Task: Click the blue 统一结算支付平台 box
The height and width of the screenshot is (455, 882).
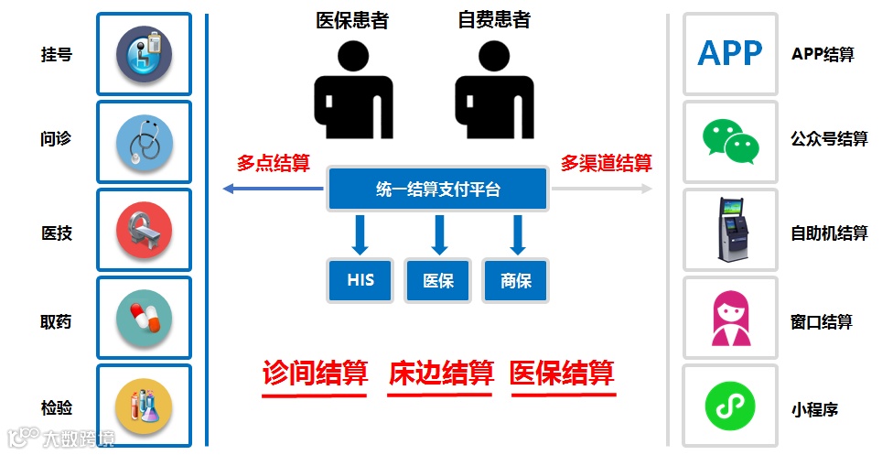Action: click(437, 190)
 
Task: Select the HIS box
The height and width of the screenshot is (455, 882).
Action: click(360, 280)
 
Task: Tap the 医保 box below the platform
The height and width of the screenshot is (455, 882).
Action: click(438, 280)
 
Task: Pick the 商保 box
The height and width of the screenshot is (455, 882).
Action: click(516, 280)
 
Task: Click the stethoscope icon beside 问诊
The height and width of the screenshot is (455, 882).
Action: click(145, 142)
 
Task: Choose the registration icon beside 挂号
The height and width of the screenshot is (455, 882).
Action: click(145, 54)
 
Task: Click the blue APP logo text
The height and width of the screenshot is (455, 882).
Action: click(730, 54)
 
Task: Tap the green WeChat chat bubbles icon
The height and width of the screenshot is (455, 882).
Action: click(730, 141)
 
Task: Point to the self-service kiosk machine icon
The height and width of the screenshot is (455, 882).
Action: click(730, 230)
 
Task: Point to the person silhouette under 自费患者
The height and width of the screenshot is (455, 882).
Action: click(494, 92)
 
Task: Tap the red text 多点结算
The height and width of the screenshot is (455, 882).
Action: click(273, 164)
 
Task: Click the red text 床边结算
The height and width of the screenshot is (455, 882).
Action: click(441, 374)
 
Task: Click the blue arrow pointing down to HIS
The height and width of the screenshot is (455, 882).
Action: click(360, 235)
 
